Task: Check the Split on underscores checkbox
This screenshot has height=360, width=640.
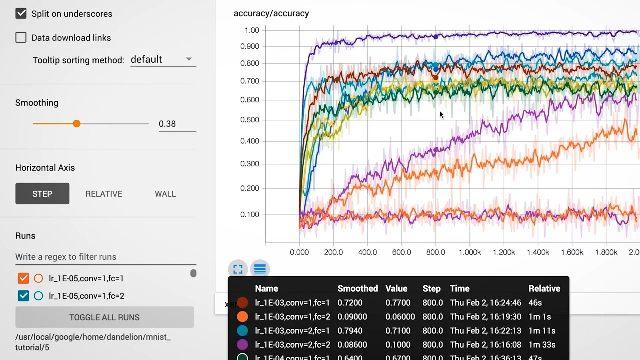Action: (21, 13)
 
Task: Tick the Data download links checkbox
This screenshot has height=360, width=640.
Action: (21, 37)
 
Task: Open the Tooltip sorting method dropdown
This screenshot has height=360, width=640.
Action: (163, 59)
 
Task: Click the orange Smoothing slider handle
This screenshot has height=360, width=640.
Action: (76, 123)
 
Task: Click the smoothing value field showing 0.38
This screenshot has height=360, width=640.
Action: (177, 124)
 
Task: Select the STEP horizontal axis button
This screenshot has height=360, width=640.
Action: (42, 194)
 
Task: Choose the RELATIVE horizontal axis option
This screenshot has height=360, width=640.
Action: (104, 194)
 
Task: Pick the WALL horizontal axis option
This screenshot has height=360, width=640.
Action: (165, 194)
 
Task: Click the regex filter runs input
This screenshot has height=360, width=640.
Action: (105, 257)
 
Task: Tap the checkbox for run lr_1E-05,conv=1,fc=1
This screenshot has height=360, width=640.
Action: (23, 278)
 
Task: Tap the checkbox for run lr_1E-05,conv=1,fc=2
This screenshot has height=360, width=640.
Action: (23, 296)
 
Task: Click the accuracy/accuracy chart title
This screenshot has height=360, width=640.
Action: (271, 13)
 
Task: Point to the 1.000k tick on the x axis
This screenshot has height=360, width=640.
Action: (470, 252)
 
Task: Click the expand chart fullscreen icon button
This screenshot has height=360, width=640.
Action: (238, 269)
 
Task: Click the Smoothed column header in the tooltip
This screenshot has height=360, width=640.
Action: (357, 288)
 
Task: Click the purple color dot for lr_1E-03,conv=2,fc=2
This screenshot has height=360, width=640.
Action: (242, 344)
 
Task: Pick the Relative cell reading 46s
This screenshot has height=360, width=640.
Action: (535, 302)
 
